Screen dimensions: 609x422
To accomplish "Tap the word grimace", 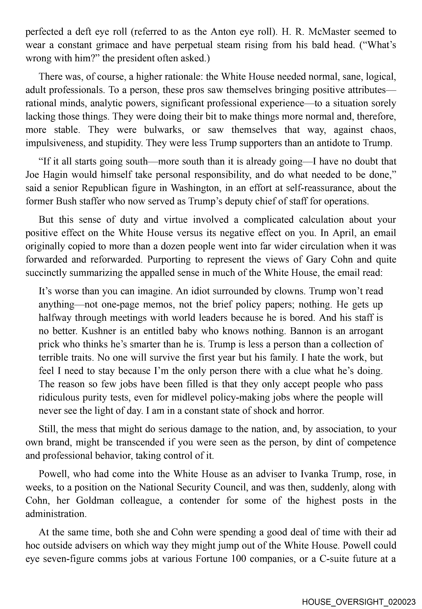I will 112,45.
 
